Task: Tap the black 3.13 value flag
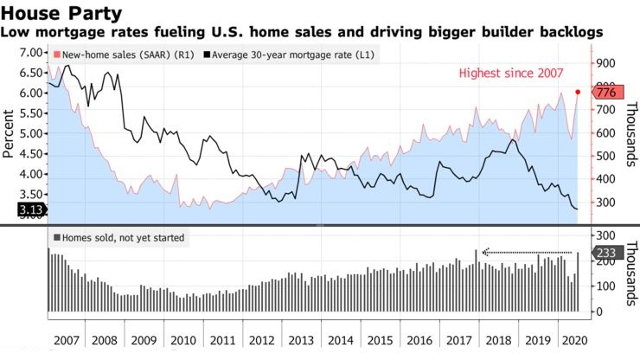23,209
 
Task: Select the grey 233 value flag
605,253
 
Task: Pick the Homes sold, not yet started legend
119,236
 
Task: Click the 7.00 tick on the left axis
31,53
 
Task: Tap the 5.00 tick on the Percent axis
31,133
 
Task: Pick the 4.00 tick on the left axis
31,173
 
